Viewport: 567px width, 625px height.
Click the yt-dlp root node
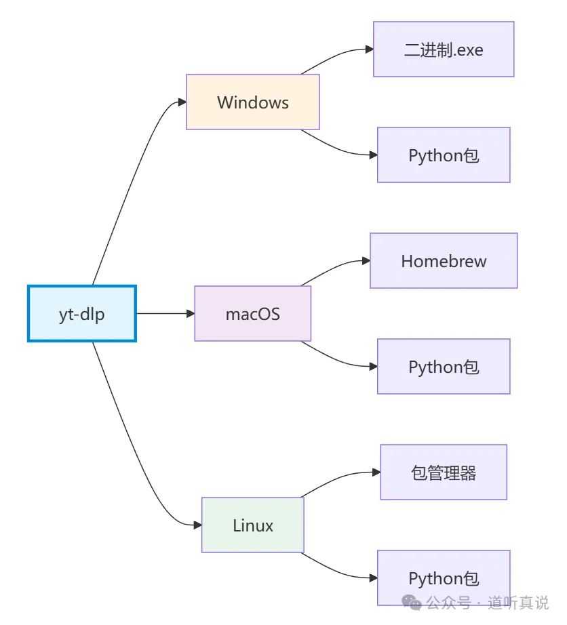82,314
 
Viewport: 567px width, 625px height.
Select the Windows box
253,102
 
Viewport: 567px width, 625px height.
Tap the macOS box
253,314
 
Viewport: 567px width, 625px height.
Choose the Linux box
253,525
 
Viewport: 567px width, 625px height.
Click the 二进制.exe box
444,49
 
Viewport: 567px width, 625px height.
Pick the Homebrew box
444,261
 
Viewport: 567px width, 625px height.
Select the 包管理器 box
444,472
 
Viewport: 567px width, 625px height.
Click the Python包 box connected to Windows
444,155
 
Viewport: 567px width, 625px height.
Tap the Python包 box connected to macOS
444,367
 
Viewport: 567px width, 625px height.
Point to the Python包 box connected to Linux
444,578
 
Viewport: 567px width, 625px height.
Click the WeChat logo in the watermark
411,602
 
